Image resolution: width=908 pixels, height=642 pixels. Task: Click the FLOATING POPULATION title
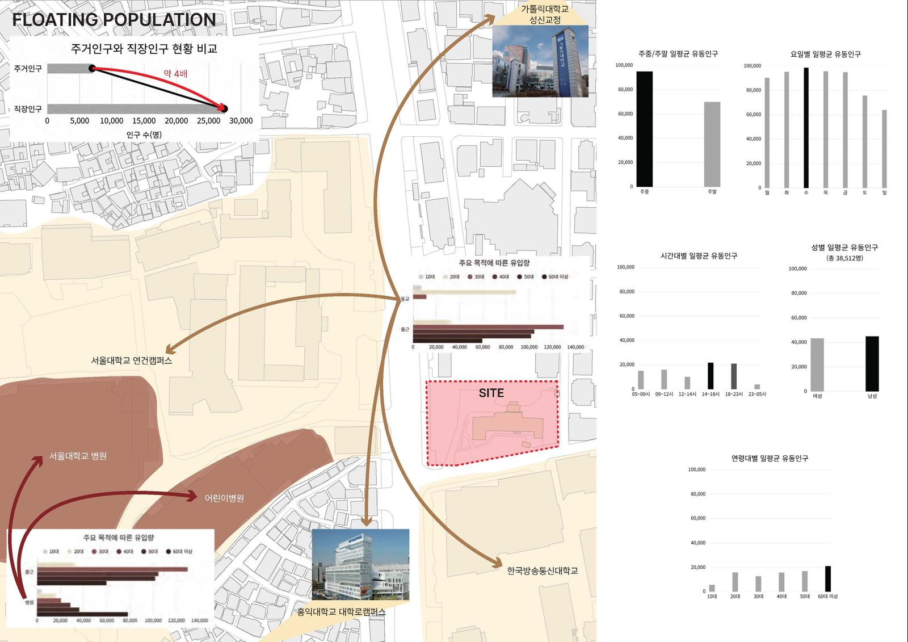pos(113,20)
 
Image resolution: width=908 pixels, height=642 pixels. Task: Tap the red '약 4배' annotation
pos(175,74)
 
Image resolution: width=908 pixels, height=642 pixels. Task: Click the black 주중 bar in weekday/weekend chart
pos(644,129)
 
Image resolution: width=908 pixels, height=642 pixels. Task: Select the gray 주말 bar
pos(712,144)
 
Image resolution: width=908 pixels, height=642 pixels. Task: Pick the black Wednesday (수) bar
pos(806,128)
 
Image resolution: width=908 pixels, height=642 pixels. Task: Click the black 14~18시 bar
pos(711,376)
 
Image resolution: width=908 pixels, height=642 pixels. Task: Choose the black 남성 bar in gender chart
pos(872,363)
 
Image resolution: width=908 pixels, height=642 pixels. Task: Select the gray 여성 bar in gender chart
pos(817,364)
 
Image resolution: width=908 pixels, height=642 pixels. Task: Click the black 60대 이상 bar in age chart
pos(828,579)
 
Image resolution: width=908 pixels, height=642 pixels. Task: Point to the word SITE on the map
pos(491,393)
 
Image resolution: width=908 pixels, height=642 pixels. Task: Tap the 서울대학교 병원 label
pos(78,456)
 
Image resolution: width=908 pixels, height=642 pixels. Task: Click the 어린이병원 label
pos(224,498)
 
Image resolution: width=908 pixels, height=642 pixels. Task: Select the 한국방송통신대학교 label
pos(543,571)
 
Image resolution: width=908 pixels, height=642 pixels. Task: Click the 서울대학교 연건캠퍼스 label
pos(132,360)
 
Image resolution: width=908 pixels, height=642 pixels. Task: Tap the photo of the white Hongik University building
pos(360,565)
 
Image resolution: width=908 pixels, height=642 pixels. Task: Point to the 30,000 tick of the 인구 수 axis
pos(241,121)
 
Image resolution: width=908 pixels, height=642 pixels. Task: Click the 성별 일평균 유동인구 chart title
pos(844,247)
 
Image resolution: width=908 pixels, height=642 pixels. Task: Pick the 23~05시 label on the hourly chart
pos(757,394)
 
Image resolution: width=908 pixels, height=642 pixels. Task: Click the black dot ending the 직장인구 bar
pos(224,108)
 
